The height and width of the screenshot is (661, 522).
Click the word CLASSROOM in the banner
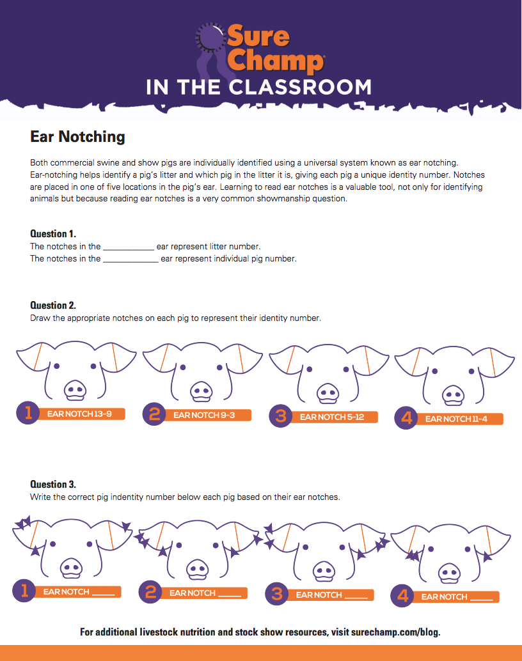304,87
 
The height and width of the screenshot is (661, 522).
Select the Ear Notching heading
77,136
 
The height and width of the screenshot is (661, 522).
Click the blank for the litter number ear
128,247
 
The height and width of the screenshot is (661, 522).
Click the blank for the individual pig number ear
130,260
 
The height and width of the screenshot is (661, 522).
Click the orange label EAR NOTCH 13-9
80,414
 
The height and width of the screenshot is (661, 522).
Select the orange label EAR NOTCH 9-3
205,416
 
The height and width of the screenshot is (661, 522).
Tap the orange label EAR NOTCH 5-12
332,417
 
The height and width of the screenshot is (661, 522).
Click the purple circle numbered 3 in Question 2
280,416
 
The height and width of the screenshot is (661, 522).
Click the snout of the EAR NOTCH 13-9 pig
75,390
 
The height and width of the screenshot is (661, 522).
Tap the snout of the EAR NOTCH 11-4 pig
454,395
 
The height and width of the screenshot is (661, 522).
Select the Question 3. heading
53,484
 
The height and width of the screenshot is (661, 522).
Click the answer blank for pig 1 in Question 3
103,593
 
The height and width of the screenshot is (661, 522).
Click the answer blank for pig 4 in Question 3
481,598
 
